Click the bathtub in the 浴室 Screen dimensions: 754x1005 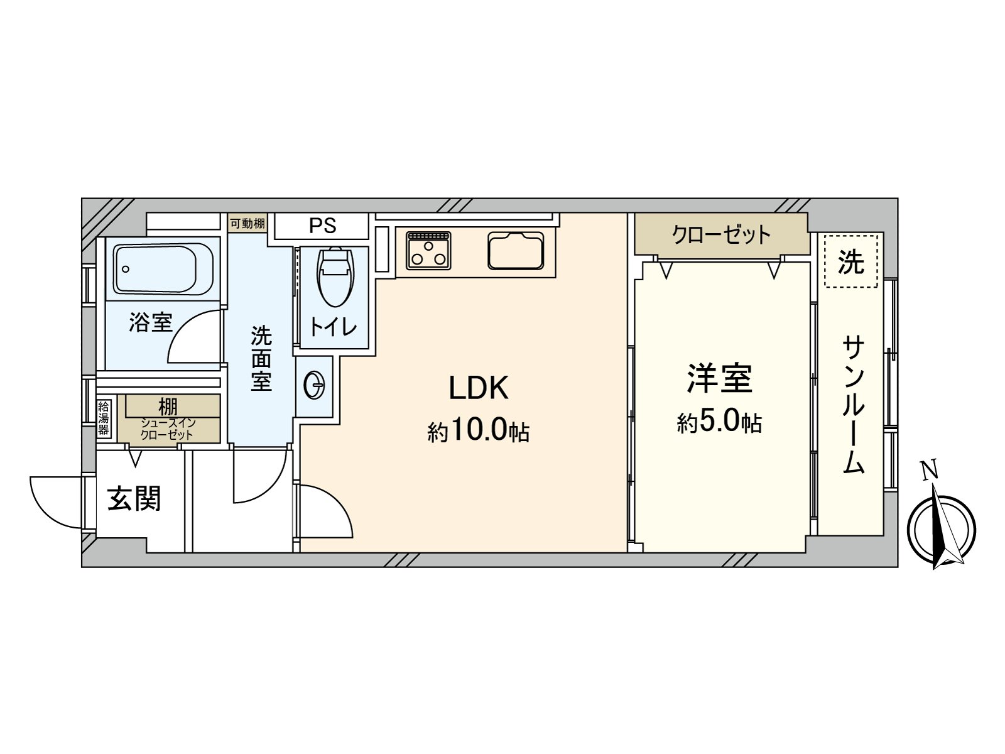click(x=163, y=270)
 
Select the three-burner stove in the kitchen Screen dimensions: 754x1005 click(x=428, y=250)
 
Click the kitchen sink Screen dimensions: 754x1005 click(x=515, y=250)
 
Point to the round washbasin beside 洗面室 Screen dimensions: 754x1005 click(x=314, y=385)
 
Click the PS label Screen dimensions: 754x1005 click(x=322, y=226)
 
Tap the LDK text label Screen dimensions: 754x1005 click(x=478, y=388)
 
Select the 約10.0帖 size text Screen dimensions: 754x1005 click(x=478, y=431)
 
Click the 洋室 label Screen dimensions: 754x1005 click(x=719, y=378)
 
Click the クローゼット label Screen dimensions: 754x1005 click(x=720, y=234)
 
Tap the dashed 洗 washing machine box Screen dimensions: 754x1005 click(x=850, y=261)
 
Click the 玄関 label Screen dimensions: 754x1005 click(x=134, y=498)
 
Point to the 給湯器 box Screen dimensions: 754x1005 click(x=104, y=418)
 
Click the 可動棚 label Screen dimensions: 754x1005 click(x=247, y=223)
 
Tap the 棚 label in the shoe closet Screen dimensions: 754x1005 click(x=168, y=406)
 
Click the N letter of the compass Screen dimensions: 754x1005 click(x=928, y=470)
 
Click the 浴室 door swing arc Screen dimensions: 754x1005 click(x=192, y=336)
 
